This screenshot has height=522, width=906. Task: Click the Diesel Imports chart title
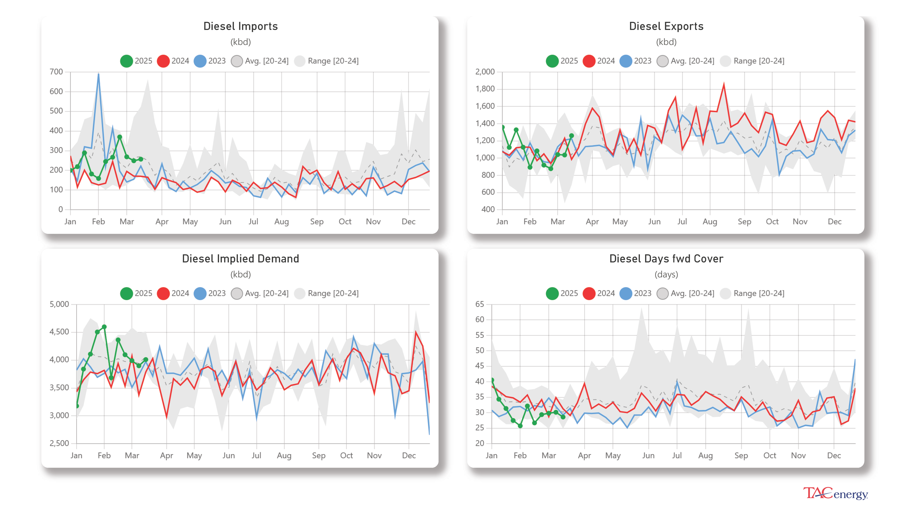click(x=240, y=26)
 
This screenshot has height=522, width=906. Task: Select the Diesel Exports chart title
click(x=666, y=26)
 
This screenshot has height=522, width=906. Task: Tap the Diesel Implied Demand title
click(x=240, y=259)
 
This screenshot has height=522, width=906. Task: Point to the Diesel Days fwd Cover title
click(x=666, y=259)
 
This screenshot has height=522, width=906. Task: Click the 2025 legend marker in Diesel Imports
click(x=126, y=61)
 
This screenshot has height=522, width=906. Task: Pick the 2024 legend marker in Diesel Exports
click(x=589, y=61)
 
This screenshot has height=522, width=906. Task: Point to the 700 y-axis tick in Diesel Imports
click(x=56, y=72)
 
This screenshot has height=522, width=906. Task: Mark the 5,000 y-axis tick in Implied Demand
click(x=59, y=304)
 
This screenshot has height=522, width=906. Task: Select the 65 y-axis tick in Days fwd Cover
click(x=479, y=304)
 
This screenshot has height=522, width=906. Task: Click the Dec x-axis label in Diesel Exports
click(x=834, y=221)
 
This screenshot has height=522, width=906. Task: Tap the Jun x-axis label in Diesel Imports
click(x=225, y=221)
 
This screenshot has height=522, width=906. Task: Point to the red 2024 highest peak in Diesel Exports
click(x=724, y=84)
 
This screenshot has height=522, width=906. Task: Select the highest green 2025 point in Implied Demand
click(x=104, y=327)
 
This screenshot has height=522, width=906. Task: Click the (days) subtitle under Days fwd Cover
click(x=666, y=275)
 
